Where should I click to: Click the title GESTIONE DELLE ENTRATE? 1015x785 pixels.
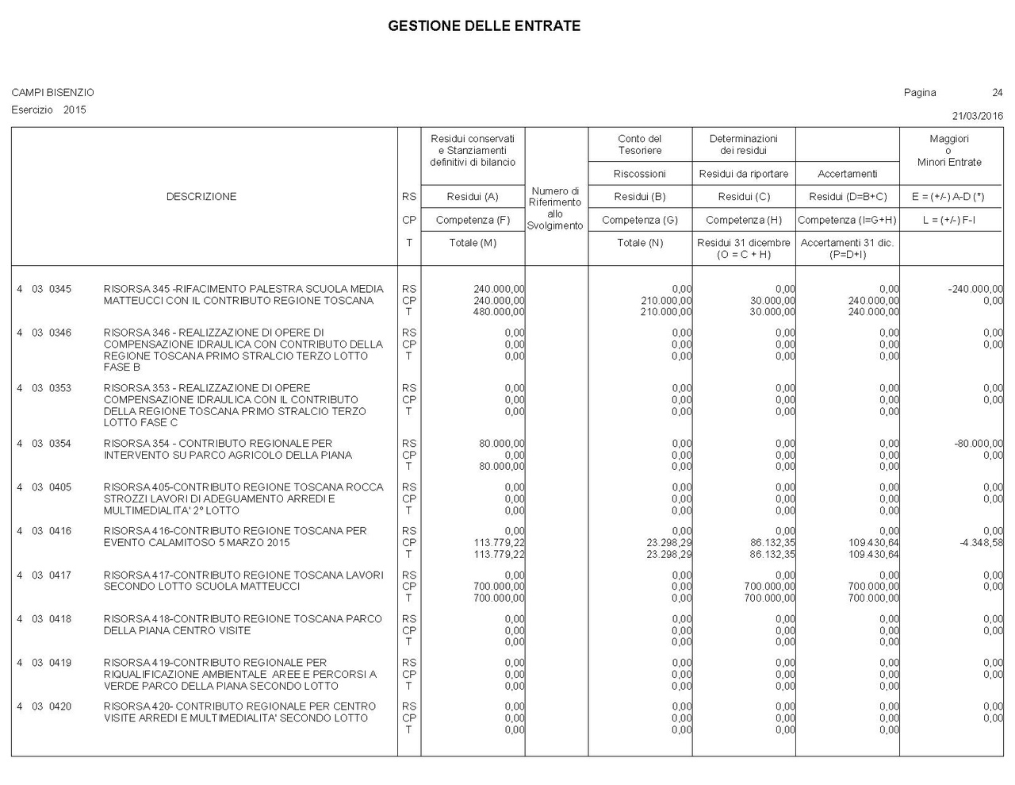tap(484, 26)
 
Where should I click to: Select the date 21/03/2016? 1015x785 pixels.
tap(977, 116)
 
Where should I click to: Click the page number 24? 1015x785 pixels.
tap(997, 93)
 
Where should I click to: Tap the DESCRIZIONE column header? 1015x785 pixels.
tap(201, 197)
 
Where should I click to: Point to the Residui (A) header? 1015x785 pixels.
tap(473, 197)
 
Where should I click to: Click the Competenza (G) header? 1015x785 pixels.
tap(640, 220)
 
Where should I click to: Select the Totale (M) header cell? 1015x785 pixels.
tap(473, 243)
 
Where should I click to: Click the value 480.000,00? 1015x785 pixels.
tap(499, 312)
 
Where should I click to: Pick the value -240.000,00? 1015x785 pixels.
tap(975, 289)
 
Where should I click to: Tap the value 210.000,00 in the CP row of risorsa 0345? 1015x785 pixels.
tap(666, 301)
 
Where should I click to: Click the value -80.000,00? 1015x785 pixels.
tap(978, 444)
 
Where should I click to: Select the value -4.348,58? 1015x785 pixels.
tap(981, 543)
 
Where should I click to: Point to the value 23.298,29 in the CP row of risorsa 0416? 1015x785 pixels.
tap(668, 543)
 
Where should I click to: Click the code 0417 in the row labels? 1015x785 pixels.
tap(60, 575)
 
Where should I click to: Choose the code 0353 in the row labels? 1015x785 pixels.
tap(60, 388)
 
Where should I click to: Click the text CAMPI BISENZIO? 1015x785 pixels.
tap(52, 93)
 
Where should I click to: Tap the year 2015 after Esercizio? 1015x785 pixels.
tap(75, 110)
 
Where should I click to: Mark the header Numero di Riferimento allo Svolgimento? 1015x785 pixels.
tap(555, 209)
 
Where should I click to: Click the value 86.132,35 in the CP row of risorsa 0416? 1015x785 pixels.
tap(772, 543)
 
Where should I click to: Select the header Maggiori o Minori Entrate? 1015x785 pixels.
tap(949, 150)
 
